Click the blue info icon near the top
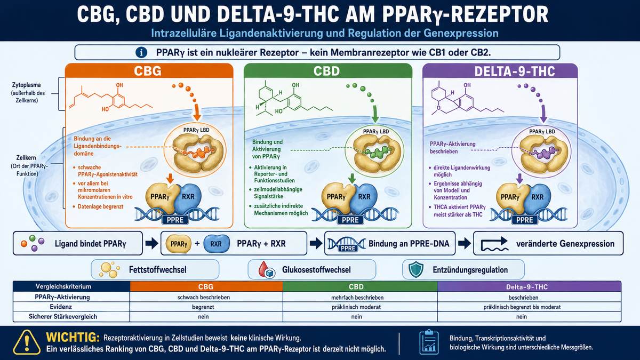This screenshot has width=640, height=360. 141,53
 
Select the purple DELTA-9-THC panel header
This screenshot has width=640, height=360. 500,71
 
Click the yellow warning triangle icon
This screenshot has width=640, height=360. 27,342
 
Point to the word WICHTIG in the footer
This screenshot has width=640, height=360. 73,337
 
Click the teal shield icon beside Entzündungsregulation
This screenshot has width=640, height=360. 415,269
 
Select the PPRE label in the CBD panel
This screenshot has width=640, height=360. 350,220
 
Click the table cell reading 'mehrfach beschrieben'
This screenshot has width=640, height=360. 357,298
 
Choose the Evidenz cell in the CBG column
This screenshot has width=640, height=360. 203,307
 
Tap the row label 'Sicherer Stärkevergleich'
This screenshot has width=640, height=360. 63,317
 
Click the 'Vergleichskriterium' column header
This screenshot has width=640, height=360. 63,286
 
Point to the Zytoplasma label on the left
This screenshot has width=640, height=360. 26,85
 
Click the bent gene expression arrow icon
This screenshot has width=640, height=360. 494,244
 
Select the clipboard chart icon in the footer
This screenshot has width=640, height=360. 429,342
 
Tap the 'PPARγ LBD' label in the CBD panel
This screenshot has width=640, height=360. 376,131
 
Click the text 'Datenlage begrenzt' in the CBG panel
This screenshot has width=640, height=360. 100,206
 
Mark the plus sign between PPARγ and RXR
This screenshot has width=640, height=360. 197,243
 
